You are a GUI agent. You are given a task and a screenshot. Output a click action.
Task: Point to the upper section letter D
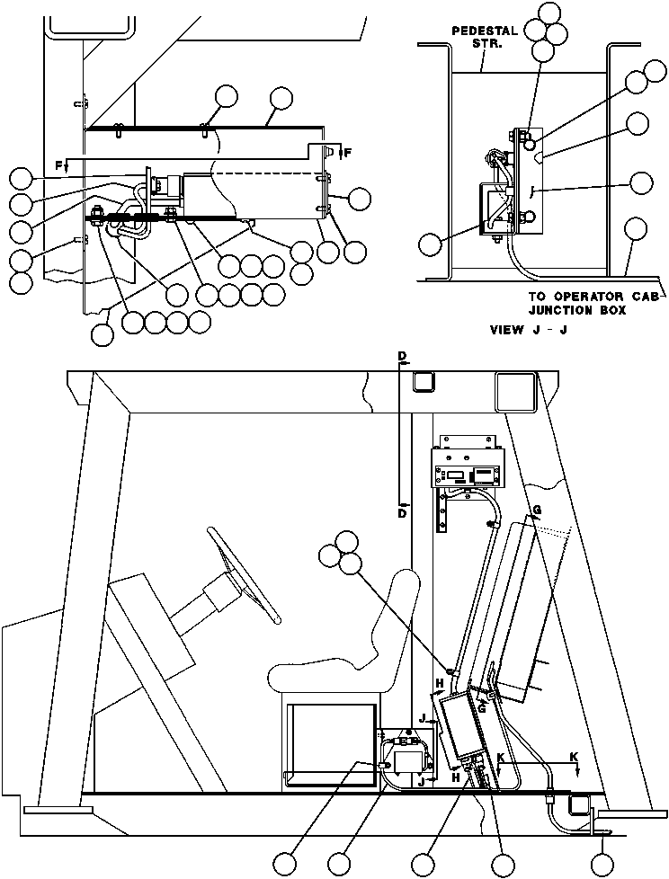[402, 357]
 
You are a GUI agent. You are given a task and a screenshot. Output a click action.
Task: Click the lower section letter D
[402, 513]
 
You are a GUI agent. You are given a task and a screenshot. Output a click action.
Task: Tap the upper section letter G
[537, 511]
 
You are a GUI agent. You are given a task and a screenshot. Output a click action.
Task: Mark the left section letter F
[58, 164]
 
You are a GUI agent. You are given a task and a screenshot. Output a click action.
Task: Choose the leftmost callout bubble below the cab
[286, 863]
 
